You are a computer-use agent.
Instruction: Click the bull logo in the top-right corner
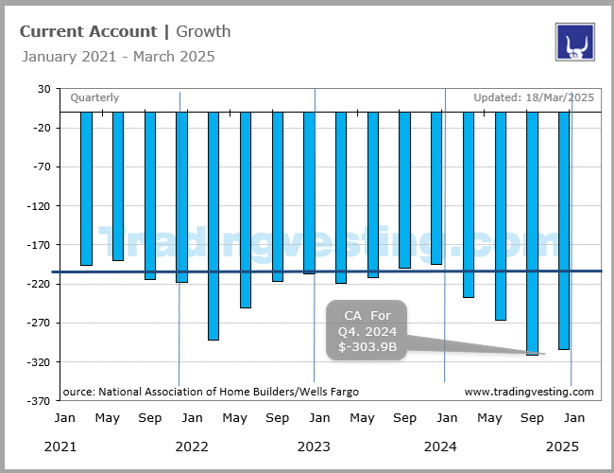(x=574, y=42)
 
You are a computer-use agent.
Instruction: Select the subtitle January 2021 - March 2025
(x=118, y=57)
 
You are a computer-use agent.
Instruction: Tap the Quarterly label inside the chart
(x=94, y=97)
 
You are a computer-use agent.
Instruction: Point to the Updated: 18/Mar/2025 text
(x=534, y=97)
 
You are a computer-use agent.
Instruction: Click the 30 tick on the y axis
(x=43, y=89)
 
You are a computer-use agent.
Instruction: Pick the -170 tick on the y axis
(x=39, y=245)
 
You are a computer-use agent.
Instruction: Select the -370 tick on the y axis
(x=39, y=400)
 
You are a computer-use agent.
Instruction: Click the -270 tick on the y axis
(x=39, y=323)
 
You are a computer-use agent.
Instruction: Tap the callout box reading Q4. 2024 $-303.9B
(x=367, y=331)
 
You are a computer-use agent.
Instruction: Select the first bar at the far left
(x=86, y=188)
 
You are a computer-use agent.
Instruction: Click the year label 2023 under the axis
(x=314, y=446)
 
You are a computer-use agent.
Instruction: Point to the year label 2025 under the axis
(x=564, y=446)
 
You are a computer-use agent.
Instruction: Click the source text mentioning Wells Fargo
(x=211, y=392)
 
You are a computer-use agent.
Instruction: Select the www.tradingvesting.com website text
(x=529, y=392)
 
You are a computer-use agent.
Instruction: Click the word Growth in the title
(x=203, y=31)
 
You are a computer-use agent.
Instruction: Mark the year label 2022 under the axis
(x=191, y=446)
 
